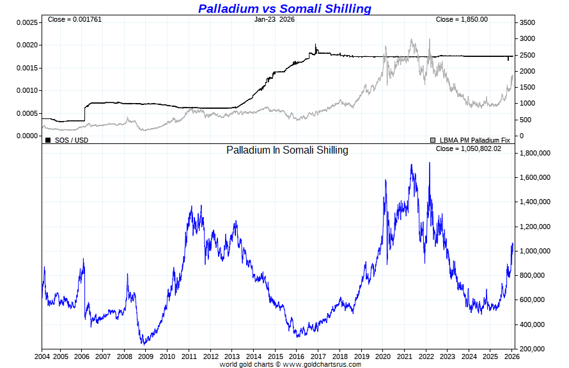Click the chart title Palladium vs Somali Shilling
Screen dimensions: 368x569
pyautogui.click(x=284, y=8)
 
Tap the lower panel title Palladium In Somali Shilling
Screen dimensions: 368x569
pyautogui.click(x=287, y=150)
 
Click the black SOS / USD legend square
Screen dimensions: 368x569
pyautogui.click(x=48, y=140)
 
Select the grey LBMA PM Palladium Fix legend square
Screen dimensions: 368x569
pyautogui.click(x=433, y=140)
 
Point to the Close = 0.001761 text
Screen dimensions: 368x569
pyautogui.click(x=74, y=19)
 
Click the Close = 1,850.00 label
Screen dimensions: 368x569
pyautogui.click(x=462, y=19)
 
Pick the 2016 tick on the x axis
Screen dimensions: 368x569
pyautogui.click(x=296, y=356)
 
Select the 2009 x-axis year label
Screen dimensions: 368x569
pyautogui.click(x=146, y=356)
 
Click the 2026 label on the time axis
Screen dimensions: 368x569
pyautogui.click(x=511, y=356)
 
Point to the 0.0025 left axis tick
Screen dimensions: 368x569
pyautogui.click(x=27, y=22)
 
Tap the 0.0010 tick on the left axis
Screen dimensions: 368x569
pyautogui.click(x=27, y=90)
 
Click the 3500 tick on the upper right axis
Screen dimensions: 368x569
pyautogui.click(x=527, y=22)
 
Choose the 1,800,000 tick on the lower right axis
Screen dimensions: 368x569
pyautogui.click(x=536, y=154)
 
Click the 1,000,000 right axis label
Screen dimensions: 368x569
pyautogui.click(x=536, y=252)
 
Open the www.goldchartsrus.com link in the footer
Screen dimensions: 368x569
pyautogui.click(x=320, y=364)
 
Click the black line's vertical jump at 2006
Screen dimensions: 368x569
pyautogui.click(x=84, y=111)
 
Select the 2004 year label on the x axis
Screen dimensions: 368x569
pyautogui.click(x=42, y=356)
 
